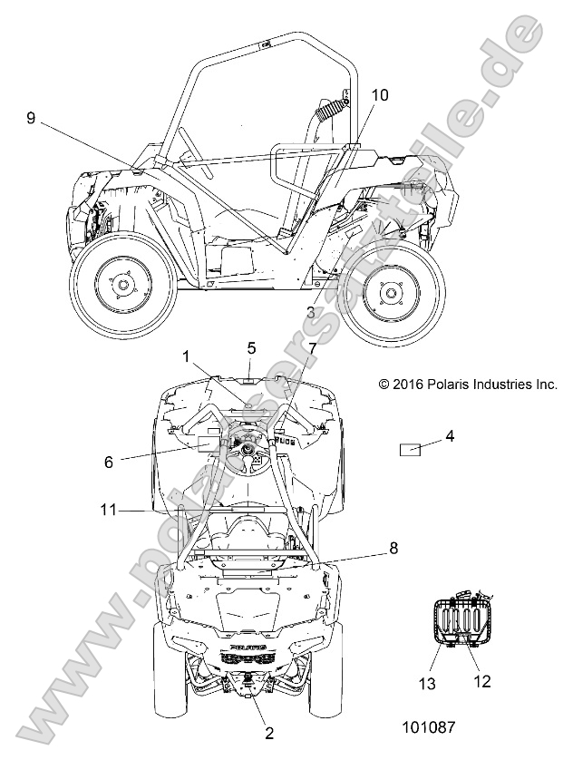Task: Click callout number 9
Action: coord(31,118)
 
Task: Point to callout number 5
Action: coord(251,347)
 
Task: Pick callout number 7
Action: coord(313,349)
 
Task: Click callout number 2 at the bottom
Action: coord(268,732)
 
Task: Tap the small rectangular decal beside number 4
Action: coord(411,449)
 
